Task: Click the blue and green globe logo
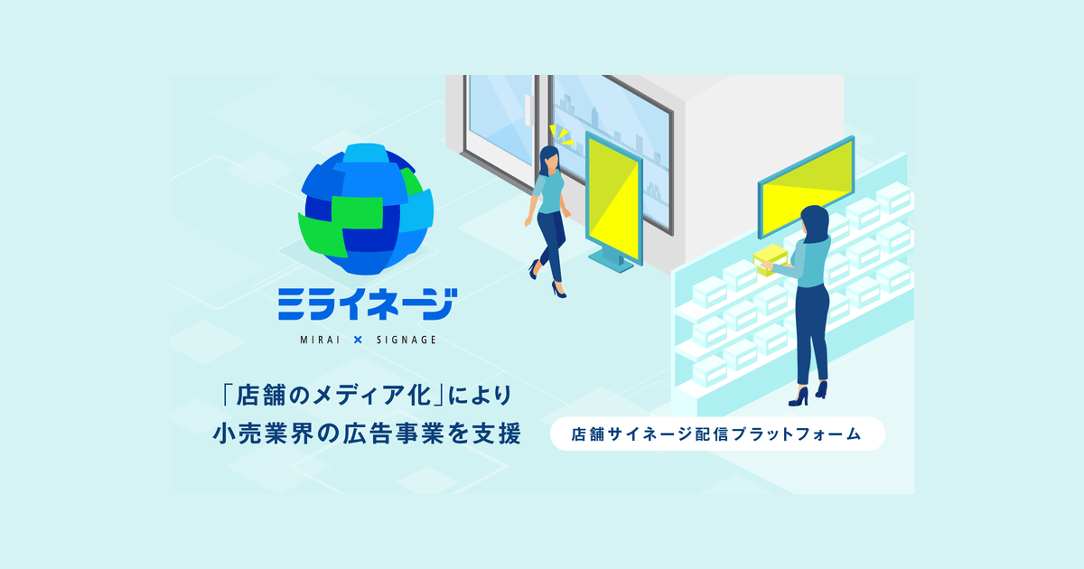click(x=366, y=209)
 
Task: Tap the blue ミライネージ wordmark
click(x=368, y=304)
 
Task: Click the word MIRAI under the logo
click(x=320, y=340)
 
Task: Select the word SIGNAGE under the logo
click(x=406, y=340)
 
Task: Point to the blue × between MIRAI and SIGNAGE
click(x=358, y=340)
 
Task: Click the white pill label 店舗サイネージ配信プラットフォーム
click(x=717, y=434)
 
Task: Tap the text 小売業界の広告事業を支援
click(x=367, y=434)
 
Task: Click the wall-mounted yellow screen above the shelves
click(x=806, y=187)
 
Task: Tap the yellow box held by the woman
click(x=770, y=260)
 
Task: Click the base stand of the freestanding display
click(x=612, y=262)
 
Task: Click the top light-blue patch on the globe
click(x=366, y=153)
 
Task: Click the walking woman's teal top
click(x=549, y=192)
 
